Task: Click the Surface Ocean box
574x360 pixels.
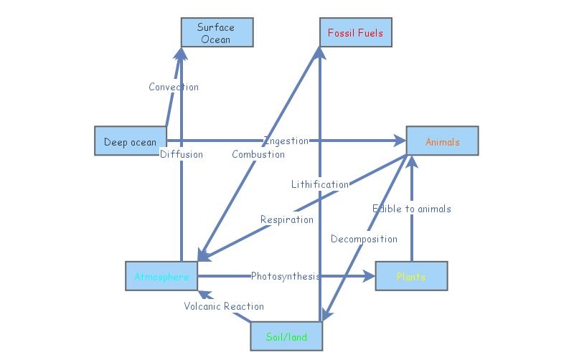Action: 216,33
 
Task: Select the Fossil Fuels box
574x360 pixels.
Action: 355,33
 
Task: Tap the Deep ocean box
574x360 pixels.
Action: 130,141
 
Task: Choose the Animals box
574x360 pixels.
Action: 442,141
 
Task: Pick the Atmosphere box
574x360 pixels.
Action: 161,276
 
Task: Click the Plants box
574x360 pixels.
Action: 411,276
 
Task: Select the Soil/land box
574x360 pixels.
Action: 286,336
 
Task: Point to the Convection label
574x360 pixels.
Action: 174,87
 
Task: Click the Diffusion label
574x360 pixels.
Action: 181,154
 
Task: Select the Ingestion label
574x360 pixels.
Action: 286,141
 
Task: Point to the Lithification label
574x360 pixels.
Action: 320,184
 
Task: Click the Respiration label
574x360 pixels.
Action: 287,219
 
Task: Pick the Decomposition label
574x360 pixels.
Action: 364,239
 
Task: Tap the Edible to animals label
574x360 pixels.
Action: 412,209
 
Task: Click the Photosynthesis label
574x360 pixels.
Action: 285,276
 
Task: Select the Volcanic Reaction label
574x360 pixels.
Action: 224,306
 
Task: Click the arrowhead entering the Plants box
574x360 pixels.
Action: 370,276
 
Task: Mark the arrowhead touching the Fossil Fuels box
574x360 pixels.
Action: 319,51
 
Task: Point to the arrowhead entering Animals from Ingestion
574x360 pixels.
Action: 401,141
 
